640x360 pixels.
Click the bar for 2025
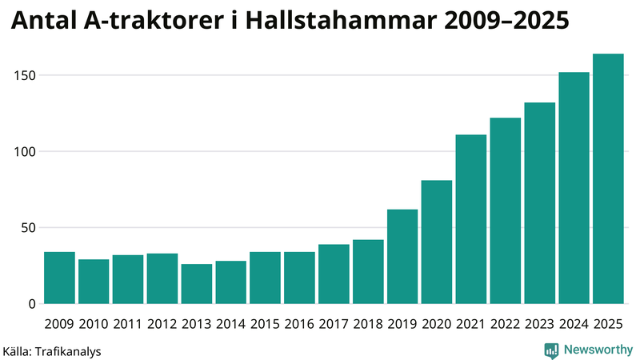[608, 179]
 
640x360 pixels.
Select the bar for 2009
[59, 278]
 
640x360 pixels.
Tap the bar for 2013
[196, 284]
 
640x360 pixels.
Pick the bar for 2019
[402, 257]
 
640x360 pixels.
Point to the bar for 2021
[471, 219]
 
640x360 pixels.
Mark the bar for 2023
[539, 203]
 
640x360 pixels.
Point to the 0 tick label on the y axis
[32, 304]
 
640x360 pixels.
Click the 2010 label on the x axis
[94, 324]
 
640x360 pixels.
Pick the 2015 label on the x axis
[265, 324]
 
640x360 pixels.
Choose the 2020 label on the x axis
[437, 324]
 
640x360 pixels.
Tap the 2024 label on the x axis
[574, 324]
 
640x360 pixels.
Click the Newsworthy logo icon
[551, 350]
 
